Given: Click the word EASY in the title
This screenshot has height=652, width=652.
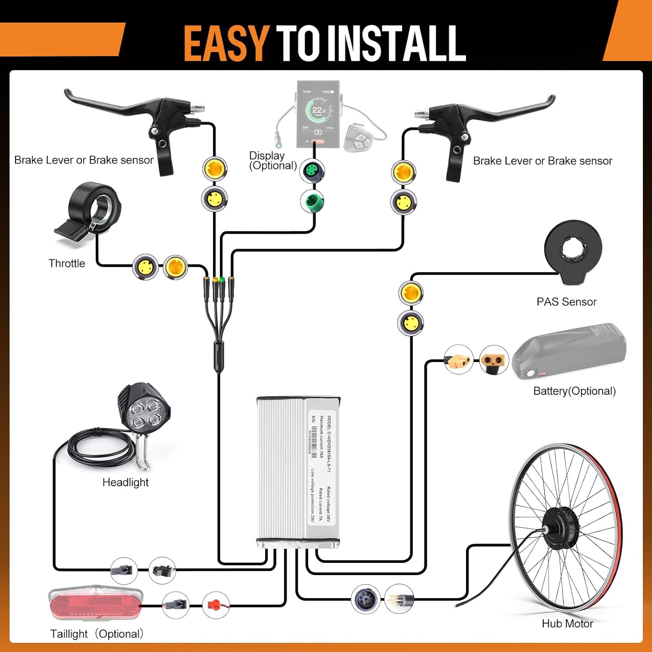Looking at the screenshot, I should click(x=226, y=43).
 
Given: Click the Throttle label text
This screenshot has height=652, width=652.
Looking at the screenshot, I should click(x=67, y=263).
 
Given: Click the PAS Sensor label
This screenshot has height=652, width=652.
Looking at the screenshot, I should click(x=566, y=302).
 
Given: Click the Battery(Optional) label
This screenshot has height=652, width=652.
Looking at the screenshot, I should click(x=574, y=391).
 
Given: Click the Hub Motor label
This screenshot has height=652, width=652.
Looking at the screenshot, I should click(x=567, y=624).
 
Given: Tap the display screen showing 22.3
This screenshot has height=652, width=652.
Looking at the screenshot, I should click(x=319, y=114).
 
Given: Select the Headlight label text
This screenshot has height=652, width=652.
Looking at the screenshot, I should click(x=125, y=482).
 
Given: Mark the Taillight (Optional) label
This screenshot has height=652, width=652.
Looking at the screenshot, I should click(x=96, y=634).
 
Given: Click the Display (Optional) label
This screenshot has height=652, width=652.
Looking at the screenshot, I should click(x=273, y=160).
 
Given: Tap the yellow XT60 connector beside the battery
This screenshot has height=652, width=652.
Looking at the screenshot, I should click(x=459, y=359).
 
